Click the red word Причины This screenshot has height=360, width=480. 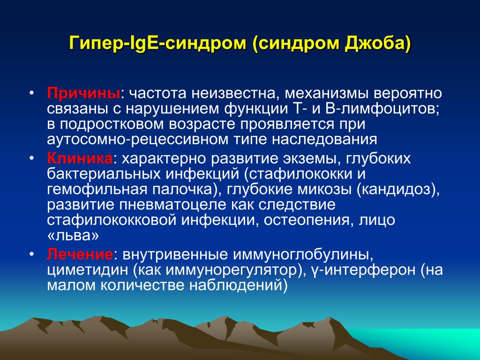(x=83, y=93)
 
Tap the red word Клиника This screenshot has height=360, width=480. (x=80, y=158)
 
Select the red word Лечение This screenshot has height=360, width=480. (x=80, y=255)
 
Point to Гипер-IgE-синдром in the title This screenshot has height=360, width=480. (x=157, y=44)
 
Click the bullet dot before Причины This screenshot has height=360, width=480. (x=32, y=92)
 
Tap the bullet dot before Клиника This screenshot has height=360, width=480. (x=32, y=158)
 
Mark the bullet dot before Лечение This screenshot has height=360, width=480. (x=32, y=254)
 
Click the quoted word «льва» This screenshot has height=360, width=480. (x=73, y=236)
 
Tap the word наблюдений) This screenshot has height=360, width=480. (x=239, y=285)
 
